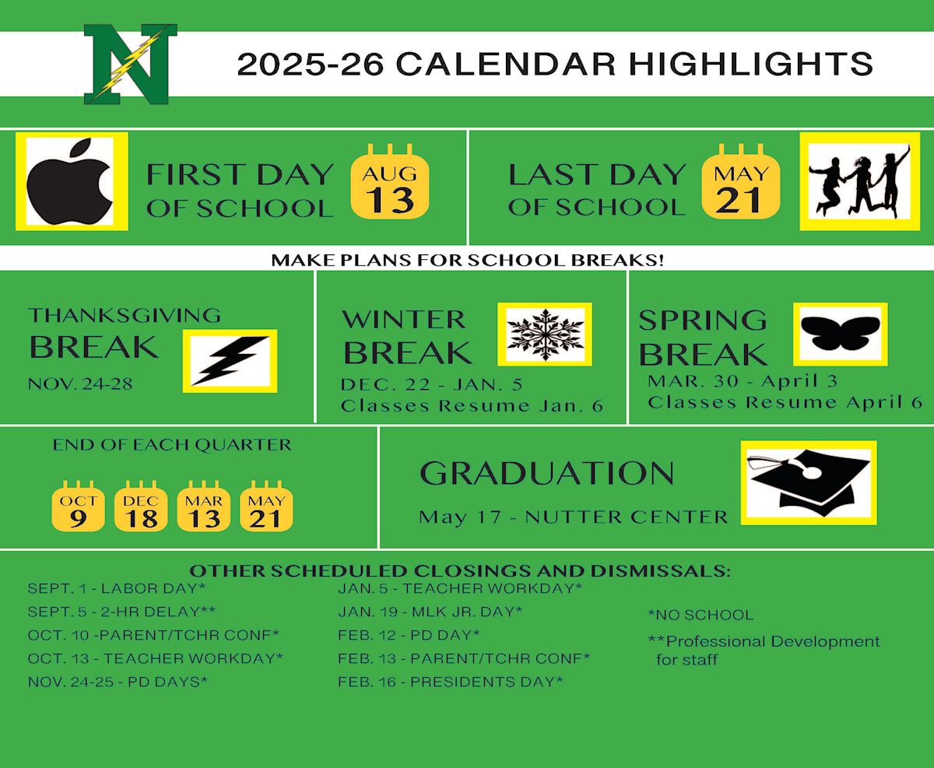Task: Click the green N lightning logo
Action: [131, 64]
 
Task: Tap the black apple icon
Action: [70, 181]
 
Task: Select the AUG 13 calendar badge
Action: [390, 181]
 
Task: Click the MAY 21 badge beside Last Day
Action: [740, 181]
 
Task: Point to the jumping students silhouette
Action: [859, 181]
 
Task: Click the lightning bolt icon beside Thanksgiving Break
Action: [230, 361]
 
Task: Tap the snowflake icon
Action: [545, 335]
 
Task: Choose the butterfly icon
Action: [840, 334]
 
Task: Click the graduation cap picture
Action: [808, 482]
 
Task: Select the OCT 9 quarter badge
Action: [79, 506]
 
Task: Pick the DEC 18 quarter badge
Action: [141, 506]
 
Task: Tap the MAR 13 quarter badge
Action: [204, 506]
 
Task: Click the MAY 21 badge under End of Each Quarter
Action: [266, 506]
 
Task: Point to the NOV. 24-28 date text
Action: [80, 384]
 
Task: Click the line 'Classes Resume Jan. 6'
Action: [472, 406]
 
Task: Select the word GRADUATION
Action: [546, 473]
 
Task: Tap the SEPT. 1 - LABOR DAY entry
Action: [117, 588]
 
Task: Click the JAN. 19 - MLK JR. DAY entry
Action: [430, 612]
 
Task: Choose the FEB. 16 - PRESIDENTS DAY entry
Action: [451, 682]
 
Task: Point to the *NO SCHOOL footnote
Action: [700, 615]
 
